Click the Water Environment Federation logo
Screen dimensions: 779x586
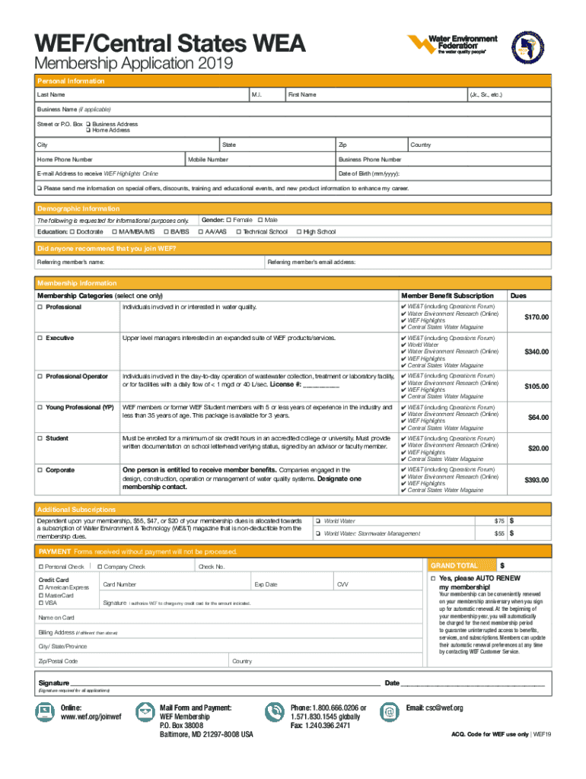point(452,44)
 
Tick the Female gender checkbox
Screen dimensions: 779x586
point(229,220)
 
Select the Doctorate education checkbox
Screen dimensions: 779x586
point(72,231)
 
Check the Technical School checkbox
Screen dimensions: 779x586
point(238,231)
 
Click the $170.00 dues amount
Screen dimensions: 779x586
point(534,316)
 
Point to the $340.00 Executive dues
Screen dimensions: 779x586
point(534,351)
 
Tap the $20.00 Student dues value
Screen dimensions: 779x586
point(538,448)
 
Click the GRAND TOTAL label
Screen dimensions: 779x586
point(454,566)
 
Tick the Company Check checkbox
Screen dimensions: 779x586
point(100,567)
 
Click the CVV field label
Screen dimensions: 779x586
point(343,584)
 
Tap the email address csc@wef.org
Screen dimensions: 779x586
point(435,707)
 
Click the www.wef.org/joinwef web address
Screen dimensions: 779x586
point(91,717)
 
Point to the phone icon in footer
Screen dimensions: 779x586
point(273,711)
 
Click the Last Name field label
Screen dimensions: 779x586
point(51,94)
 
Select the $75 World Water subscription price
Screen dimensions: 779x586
point(499,520)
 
